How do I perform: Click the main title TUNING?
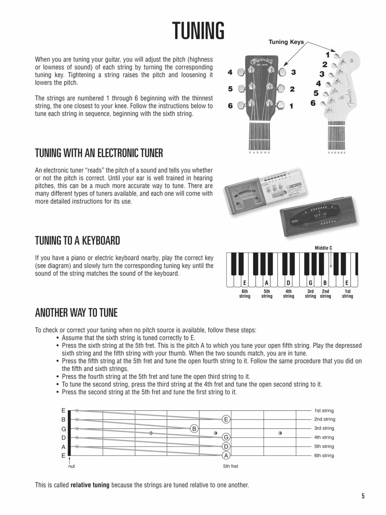click(x=198, y=31)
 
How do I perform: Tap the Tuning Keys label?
click(x=286, y=42)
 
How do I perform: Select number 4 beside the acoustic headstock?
click(x=230, y=72)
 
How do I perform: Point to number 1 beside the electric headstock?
click(x=327, y=55)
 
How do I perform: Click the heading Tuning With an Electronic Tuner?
click(x=99, y=153)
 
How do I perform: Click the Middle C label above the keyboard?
click(x=323, y=248)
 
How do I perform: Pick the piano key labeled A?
click(x=267, y=282)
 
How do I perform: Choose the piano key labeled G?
click(x=310, y=282)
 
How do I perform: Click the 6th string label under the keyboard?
click(x=245, y=294)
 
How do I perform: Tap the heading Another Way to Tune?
click(x=76, y=312)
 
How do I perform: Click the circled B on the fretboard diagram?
click(x=194, y=428)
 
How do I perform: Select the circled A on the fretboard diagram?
click(x=226, y=456)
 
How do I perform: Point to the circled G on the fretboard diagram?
click(x=226, y=437)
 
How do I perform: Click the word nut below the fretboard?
click(x=71, y=466)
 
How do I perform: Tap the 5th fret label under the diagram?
click(x=231, y=466)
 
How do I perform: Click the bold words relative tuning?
click(x=90, y=485)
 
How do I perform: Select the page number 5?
click(x=363, y=496)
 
